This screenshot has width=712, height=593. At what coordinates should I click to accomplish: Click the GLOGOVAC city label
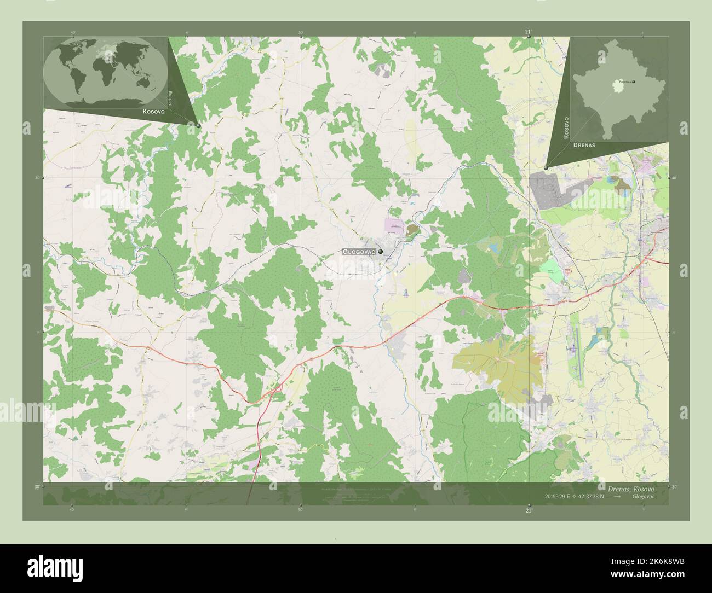[358, 252]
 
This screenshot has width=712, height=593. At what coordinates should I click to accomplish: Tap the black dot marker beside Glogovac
[380, 252]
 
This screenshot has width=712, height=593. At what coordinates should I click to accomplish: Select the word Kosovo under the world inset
[139, 111]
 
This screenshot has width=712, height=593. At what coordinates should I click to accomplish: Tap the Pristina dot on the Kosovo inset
[634, 82]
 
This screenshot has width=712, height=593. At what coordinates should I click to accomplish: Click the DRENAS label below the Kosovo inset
[584, 147]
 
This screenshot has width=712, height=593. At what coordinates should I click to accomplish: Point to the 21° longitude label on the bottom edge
[528, 510]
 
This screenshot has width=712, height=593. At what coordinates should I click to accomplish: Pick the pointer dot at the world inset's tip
[198, 126]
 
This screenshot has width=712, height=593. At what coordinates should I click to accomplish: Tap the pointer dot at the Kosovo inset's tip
[546, 167]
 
